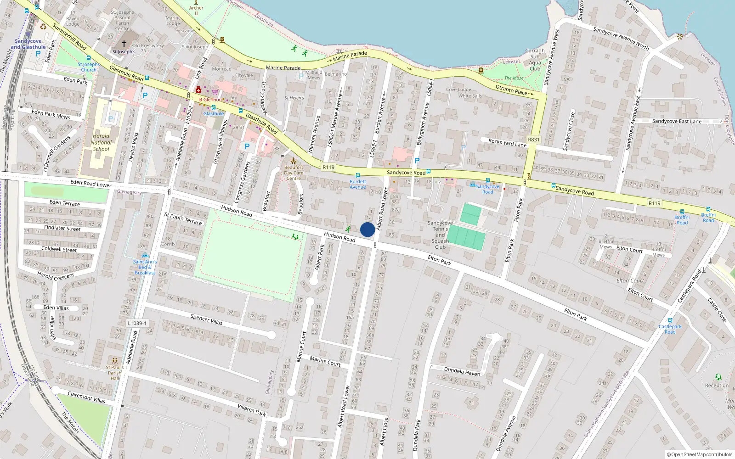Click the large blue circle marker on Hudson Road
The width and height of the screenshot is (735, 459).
367,229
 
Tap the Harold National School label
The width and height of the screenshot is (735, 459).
101,142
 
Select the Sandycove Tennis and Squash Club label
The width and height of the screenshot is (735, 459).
440,235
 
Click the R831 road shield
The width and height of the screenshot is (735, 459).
533,140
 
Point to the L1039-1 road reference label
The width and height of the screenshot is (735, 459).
137,323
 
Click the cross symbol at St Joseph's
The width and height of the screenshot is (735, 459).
124,44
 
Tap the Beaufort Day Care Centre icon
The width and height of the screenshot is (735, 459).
294,161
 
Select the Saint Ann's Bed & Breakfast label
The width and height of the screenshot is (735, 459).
145,267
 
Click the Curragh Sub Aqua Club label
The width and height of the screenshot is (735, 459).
535,60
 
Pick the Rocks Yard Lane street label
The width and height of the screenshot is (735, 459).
507,143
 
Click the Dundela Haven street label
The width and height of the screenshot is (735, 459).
462,371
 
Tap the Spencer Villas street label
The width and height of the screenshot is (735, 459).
206,319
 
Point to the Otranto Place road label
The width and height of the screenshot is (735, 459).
514,90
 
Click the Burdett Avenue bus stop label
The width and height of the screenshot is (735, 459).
357,184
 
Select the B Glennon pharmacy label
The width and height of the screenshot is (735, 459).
210,99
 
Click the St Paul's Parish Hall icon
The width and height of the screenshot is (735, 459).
114,361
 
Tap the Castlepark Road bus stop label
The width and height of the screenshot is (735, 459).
670,329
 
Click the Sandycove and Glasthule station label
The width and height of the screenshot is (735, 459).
28,44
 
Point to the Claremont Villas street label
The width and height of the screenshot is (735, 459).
86,397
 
